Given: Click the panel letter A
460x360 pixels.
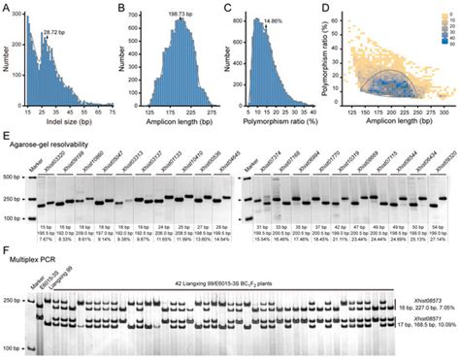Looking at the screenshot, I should click(x=8, y=8).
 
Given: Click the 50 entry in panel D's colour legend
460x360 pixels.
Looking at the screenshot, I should click(x=449, y=45).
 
